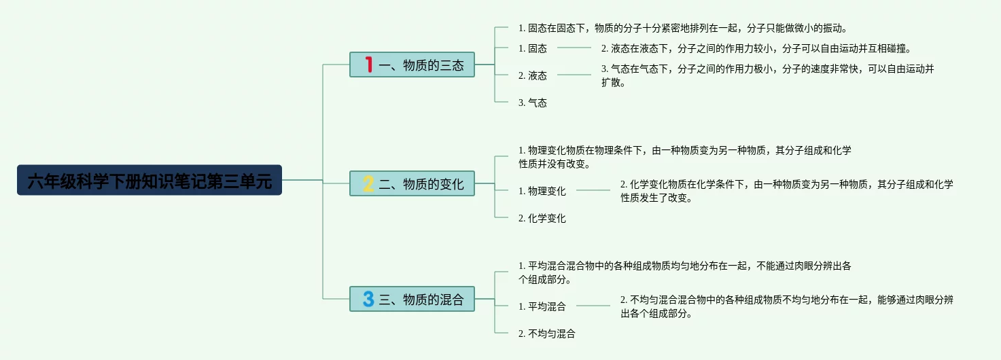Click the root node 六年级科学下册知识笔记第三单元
pos(150,180)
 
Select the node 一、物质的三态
pos(412,65)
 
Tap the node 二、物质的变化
pos(412,183)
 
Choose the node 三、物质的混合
pos(412,299)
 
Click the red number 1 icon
pos(369,65)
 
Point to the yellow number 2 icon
pos(369,183)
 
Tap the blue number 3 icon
pos(369,299)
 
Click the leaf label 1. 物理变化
pos(542,191)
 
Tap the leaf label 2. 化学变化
pos(542,218)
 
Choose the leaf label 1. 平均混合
pos(542,306)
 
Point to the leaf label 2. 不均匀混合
pos(546,334)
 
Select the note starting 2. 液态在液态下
pos(755,48)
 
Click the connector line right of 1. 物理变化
pos(593,191)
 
